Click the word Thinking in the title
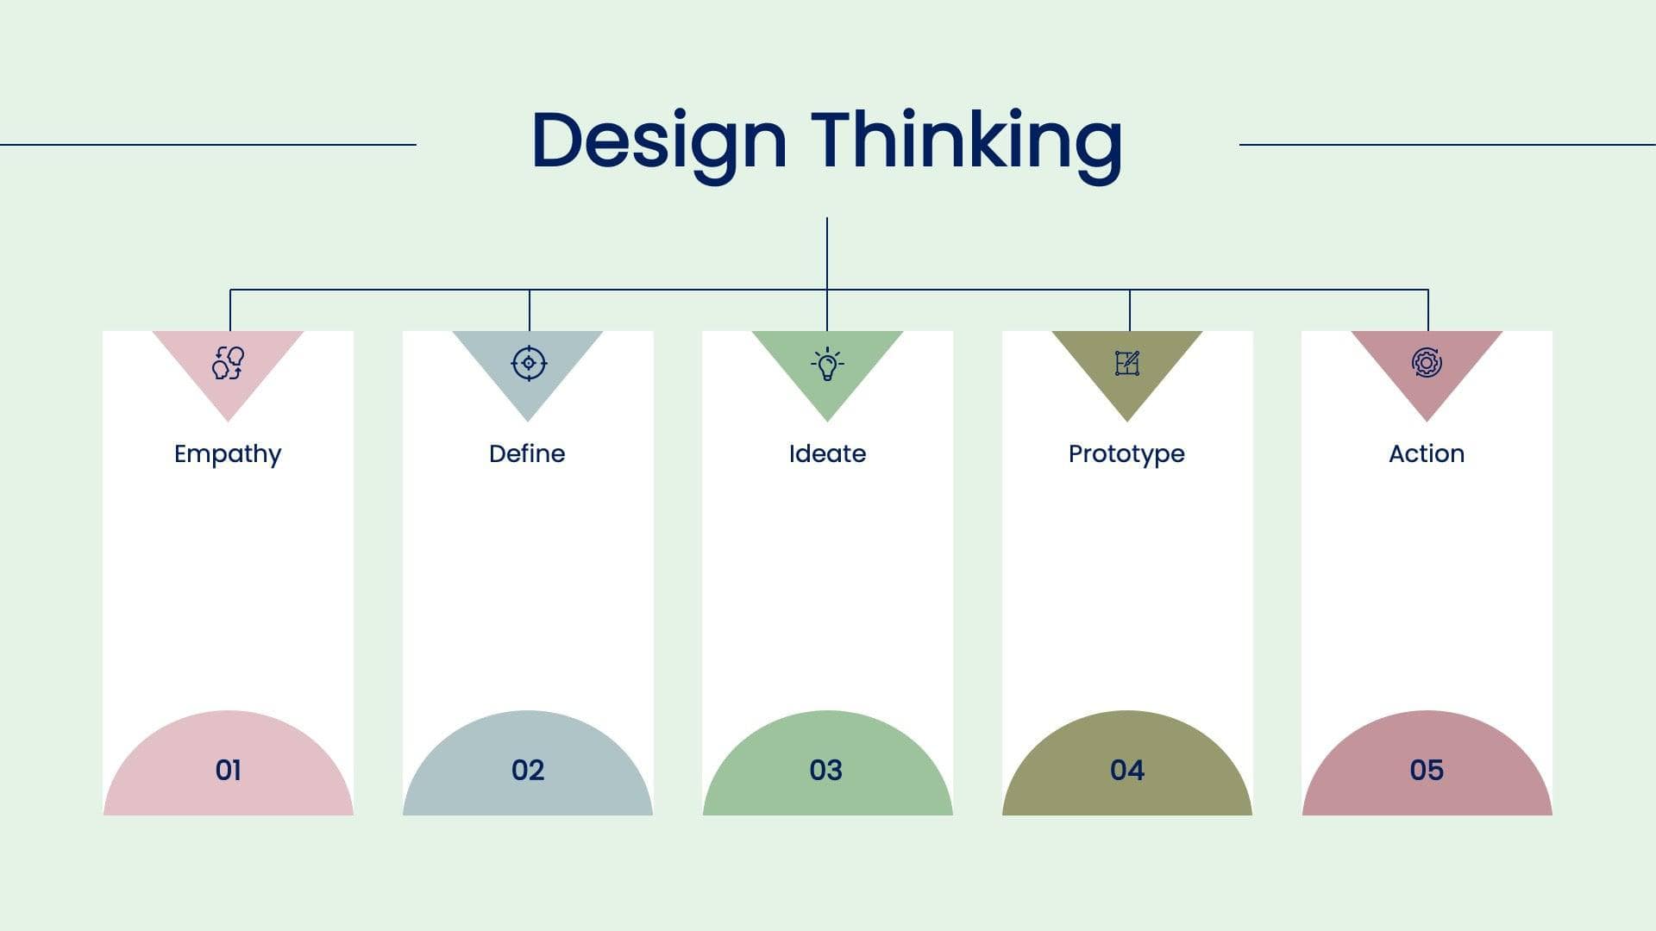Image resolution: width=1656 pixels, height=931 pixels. (x=967, y=143)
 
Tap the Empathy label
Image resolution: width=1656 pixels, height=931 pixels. (x=228, y=455)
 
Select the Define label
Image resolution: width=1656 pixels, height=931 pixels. (x=527, y=453)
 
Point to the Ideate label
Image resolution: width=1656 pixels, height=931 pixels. (x=827, y=453)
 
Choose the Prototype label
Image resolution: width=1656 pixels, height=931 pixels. (x=1126, y=455)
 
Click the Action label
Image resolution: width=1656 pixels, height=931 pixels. (x=1427, y=453)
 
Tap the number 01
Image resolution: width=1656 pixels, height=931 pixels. (x=229, y=770)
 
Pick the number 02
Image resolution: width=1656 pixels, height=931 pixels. (x=528, y=770)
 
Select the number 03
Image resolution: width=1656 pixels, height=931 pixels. (x=826, y=770)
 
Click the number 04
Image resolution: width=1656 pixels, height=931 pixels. (x=1127, y=770)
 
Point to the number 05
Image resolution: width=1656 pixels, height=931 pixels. (x=1427, y=770)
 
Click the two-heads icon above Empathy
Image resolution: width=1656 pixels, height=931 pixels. (x=229, y=363)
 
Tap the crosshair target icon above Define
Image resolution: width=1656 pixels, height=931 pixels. (x=529, y=363)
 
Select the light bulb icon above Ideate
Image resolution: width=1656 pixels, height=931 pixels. (x=827, y=364)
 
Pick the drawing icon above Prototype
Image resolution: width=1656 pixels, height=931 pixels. (x=1127, y=363)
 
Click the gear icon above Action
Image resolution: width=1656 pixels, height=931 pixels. (x=1427, y=363)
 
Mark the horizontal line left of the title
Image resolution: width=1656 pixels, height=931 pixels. (x=208, y=145)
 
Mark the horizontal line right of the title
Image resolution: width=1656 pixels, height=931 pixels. (x=1447, y=145)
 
